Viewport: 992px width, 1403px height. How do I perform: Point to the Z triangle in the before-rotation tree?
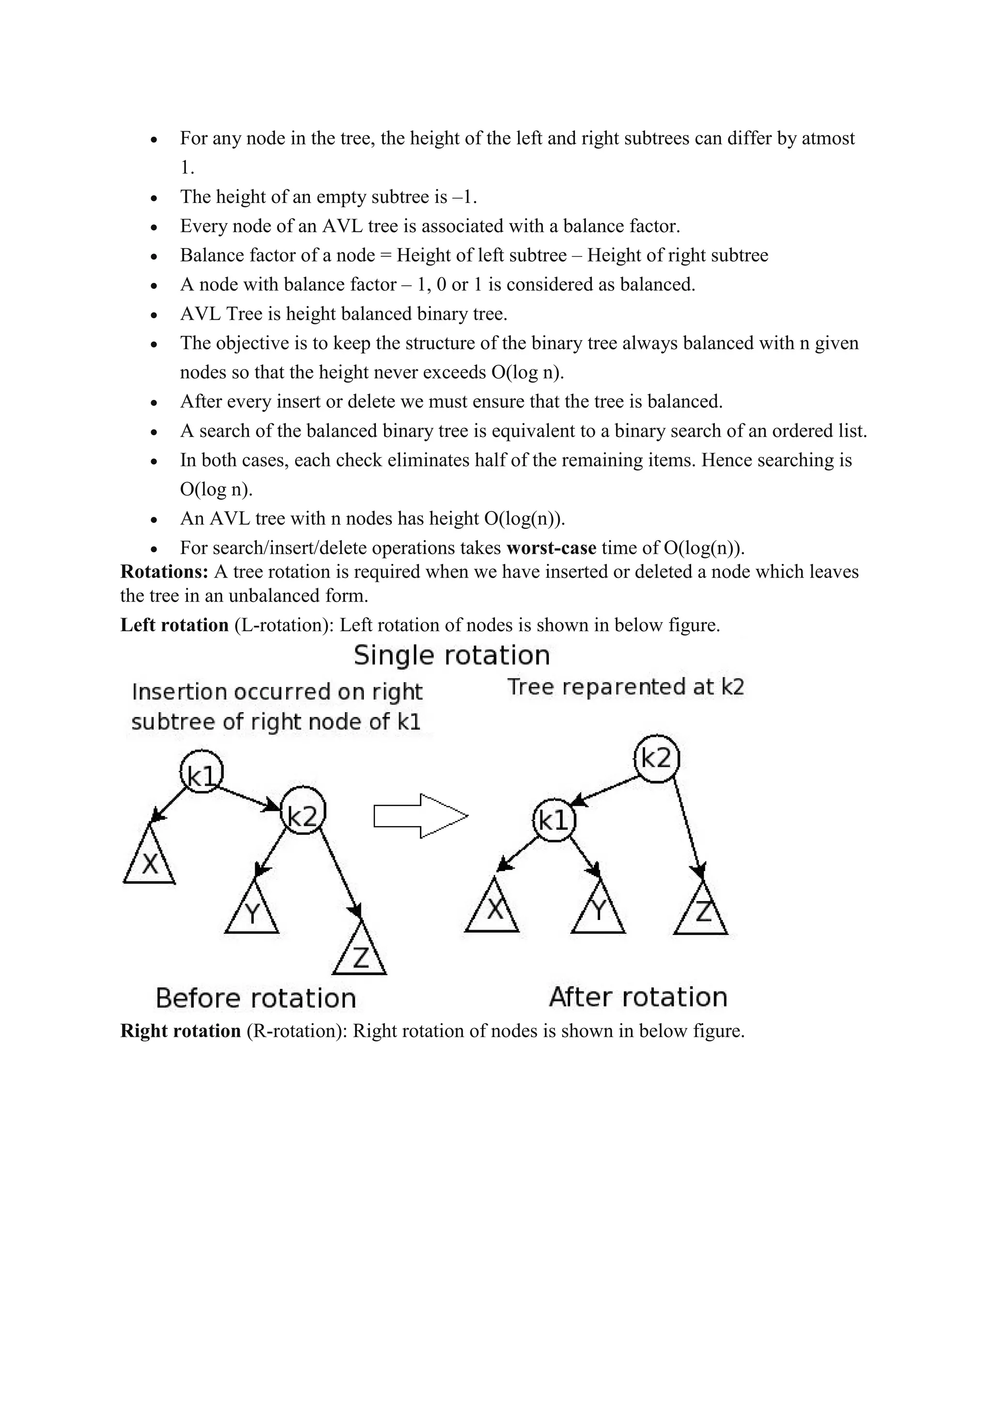(x=360, y=954)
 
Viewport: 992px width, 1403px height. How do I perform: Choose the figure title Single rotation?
(x=452, y=655)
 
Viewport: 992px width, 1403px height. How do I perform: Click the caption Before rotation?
(x=255, y=998)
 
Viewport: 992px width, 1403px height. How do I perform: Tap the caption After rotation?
(x=638, y=997)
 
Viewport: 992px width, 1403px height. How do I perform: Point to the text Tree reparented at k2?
(x=625, y=687)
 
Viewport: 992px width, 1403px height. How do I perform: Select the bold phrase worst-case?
(x=551, y=547)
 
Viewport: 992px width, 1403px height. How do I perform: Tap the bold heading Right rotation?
(x=181, y=1031)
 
